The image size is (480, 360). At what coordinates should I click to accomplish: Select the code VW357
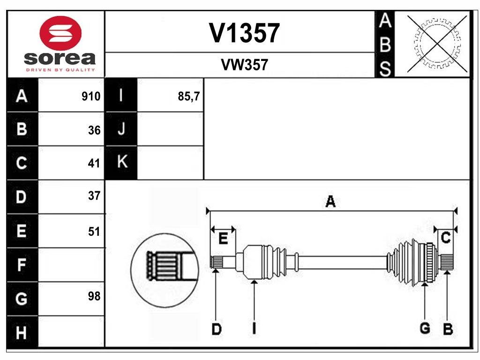tap(244, 65)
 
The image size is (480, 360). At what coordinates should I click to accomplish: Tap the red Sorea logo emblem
tap(60, 33)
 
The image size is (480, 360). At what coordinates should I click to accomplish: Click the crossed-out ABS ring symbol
tap(437, 44)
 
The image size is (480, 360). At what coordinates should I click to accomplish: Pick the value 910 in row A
tap(91, 97)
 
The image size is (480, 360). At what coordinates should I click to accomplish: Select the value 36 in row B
tap(94, 130)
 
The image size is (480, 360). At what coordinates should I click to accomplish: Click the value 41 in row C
tap(94, 163)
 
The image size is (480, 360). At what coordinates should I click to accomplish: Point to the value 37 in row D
tap(94, 195)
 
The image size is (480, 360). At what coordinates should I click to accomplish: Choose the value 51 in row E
tap(94, 232)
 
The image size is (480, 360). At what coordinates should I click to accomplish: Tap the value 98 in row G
tap(94, 296)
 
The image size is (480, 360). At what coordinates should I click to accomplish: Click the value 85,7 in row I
tap(189, 97)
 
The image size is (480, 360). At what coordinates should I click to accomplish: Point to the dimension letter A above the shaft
tap(330, 202)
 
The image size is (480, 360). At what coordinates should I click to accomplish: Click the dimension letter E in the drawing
tap(223, 238)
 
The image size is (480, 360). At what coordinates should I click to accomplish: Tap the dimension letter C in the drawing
tap(445, 238)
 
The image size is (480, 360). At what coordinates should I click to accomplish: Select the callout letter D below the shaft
tap(217, 329)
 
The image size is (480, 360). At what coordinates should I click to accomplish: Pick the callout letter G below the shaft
tap(425, 328)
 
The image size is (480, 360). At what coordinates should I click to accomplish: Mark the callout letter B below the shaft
tap(448, 329)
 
